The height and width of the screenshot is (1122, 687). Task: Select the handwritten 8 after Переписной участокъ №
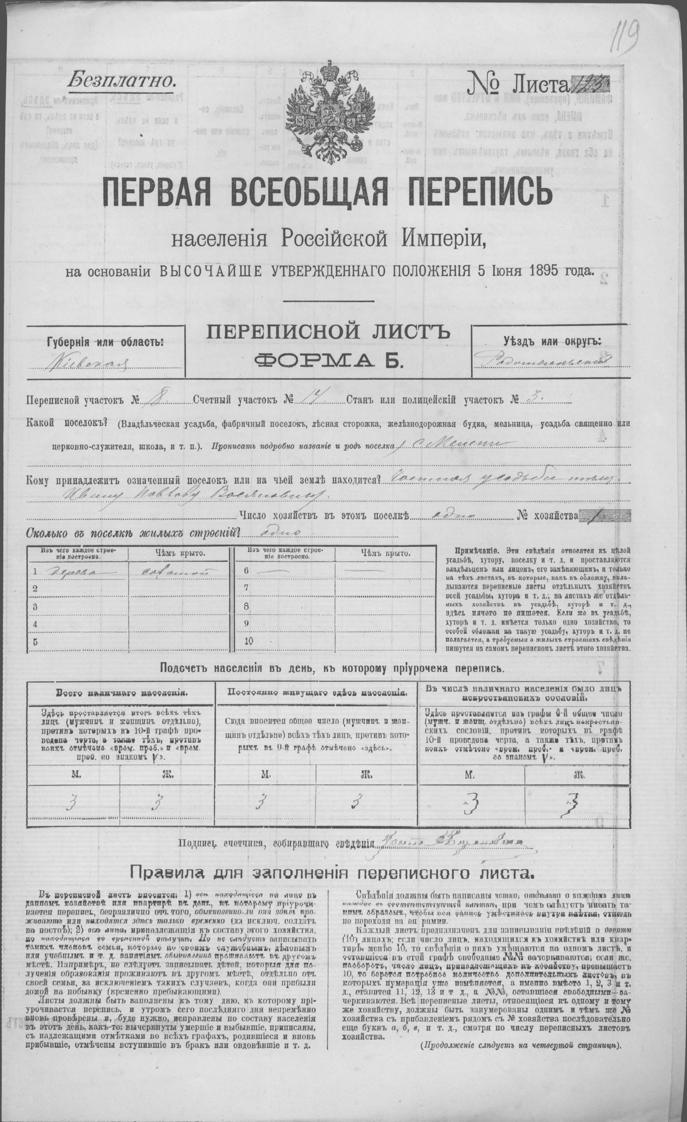[x=152, y=400]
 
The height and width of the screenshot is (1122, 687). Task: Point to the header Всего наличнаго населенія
[x=120, y=694]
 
